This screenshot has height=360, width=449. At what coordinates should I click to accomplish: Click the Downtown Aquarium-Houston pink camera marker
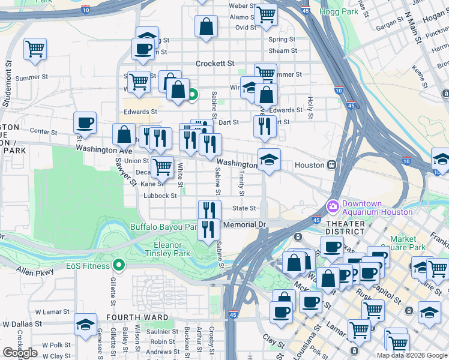point(333,206)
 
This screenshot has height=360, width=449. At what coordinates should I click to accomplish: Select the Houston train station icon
point(331,165)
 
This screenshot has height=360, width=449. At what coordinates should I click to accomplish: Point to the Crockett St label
point(214,63)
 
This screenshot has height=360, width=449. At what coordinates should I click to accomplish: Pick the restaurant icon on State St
point(209,209)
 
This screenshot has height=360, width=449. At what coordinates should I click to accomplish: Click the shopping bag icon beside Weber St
point(206,26)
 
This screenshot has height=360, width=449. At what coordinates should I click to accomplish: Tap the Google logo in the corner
point(20,353)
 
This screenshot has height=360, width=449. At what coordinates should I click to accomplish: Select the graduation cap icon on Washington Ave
point(269,159)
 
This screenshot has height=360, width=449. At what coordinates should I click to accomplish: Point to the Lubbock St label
point(161,196)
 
